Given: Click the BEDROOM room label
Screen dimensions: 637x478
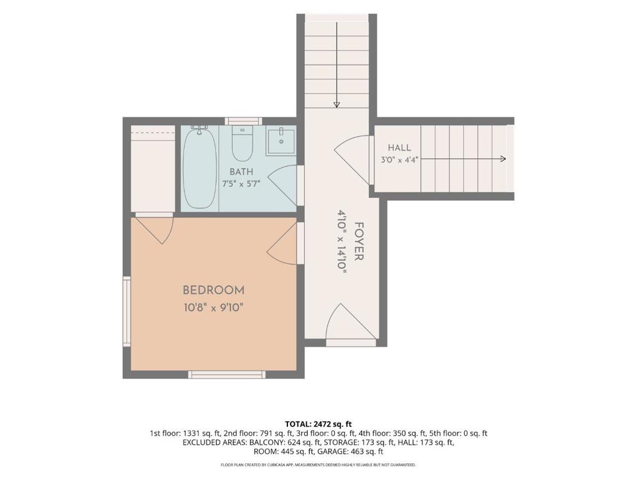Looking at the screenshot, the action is pyautogui.click(x=214, y=290).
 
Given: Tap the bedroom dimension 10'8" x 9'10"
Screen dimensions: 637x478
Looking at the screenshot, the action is pyautogui.click(x=214, y=307).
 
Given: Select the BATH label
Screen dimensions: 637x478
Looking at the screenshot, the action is pyautogui.click(x=241, y=171).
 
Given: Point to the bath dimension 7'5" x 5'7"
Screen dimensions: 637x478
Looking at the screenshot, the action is pyautogui.click(x=241, y=184).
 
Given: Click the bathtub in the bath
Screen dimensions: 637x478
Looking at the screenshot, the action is pyautogui.click(x=200, y=167).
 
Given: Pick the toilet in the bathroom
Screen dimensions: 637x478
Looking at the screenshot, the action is pyautogui.click(x=243, y=144).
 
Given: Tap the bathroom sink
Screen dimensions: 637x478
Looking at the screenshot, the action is pyautogui.click(x=281, y=141).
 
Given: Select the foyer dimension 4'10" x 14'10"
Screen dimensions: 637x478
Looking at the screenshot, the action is pyautogui.click(x=342, y=241).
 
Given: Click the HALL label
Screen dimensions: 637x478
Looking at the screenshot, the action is pyautogui.click(x=399, y=148).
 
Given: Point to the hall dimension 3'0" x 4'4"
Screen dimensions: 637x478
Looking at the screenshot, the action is pyautogui.click(x=399, y=160).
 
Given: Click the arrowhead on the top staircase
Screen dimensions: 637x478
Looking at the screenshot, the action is pyautogui.click(x=337, y=105).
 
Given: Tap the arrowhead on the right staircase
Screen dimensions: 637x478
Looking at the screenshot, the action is pyautogui.click(x=503, y=159).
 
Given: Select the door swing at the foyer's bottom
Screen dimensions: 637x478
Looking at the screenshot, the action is pyautogui.click(x=351, y=321).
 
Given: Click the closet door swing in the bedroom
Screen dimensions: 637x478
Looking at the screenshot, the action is pyautogui.click(x=154, y=230).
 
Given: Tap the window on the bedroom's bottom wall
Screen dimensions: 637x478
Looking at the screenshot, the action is pyautogui.click(x=227, y=374).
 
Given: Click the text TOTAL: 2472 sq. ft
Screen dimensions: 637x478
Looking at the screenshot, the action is pyautogui.click(x=318, y=424).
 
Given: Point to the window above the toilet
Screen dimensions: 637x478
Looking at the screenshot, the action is pyautogui.click(x=243, y=121).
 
